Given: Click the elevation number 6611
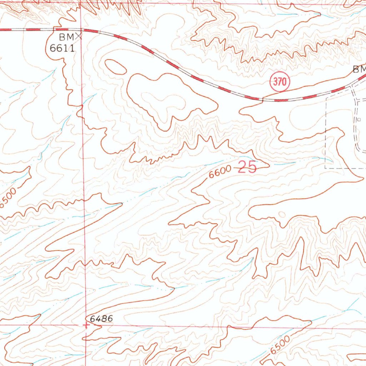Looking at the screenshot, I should point(62,48).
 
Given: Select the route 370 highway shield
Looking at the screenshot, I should point(280,82).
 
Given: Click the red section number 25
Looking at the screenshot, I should point(247,167).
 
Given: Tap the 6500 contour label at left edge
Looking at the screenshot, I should point(8,198).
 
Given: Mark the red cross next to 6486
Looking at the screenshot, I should point(86,325).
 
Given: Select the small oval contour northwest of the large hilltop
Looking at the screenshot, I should point(115,67).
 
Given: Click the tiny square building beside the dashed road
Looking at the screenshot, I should point(359,119).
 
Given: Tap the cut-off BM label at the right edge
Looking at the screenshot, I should point(359,69).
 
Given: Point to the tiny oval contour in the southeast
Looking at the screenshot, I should point(282,214).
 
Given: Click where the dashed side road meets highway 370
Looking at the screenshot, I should point(352,86).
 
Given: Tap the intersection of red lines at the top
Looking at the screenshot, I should point(80,4).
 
